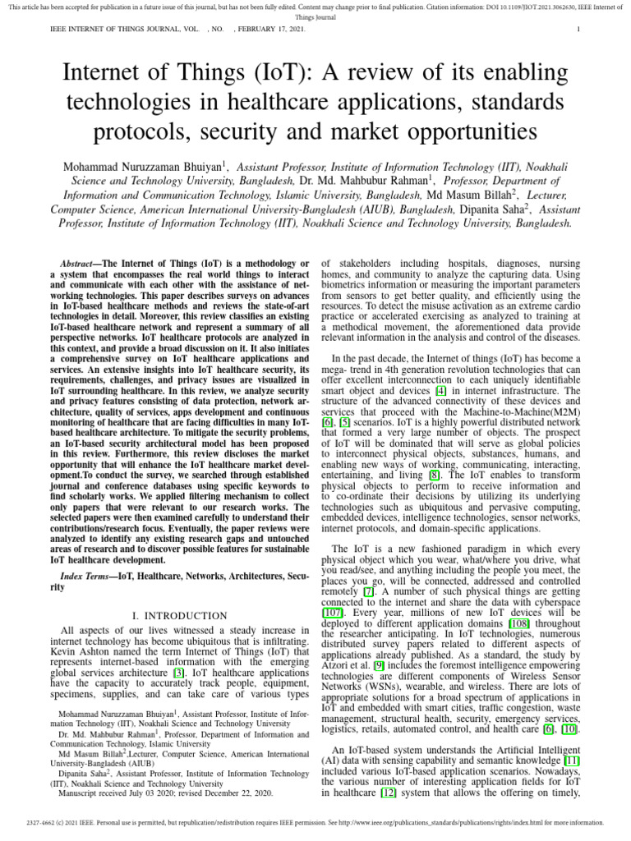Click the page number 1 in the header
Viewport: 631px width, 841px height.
pyautogui.click(x=579, y=30)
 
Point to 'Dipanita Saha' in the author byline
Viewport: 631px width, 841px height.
pyautogui.click(x=492, y=209)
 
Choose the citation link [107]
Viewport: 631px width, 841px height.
pyautogui.click(x=333, y=612)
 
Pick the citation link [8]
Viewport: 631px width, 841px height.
pyautogui.click(x=435, y=474)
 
